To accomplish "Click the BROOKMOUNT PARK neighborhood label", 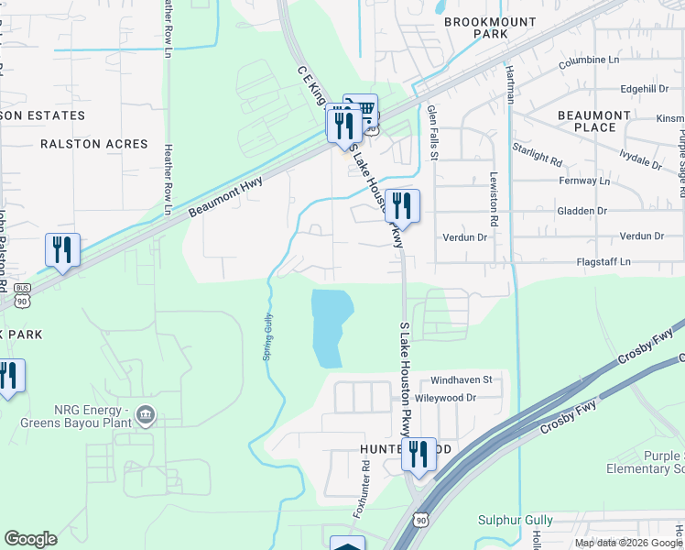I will tap(475, 27).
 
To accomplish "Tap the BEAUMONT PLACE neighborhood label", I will tap(594, 121).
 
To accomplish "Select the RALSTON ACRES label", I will tap(93, 144).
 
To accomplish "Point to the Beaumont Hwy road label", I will tap(226, 197).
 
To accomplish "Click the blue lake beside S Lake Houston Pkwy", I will tap(331, 326).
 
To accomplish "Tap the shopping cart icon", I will tap(364, 111).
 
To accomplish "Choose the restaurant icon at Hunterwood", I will tap(419, 456).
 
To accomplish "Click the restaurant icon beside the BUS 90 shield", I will tap(62, 250).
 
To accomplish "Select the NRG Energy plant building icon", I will tap(146, 417).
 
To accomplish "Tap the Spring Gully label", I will tap(268, 337).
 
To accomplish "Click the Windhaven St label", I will tap(462, 379).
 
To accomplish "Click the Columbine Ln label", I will tap(587, 60).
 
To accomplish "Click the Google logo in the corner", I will tap(30, 539).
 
